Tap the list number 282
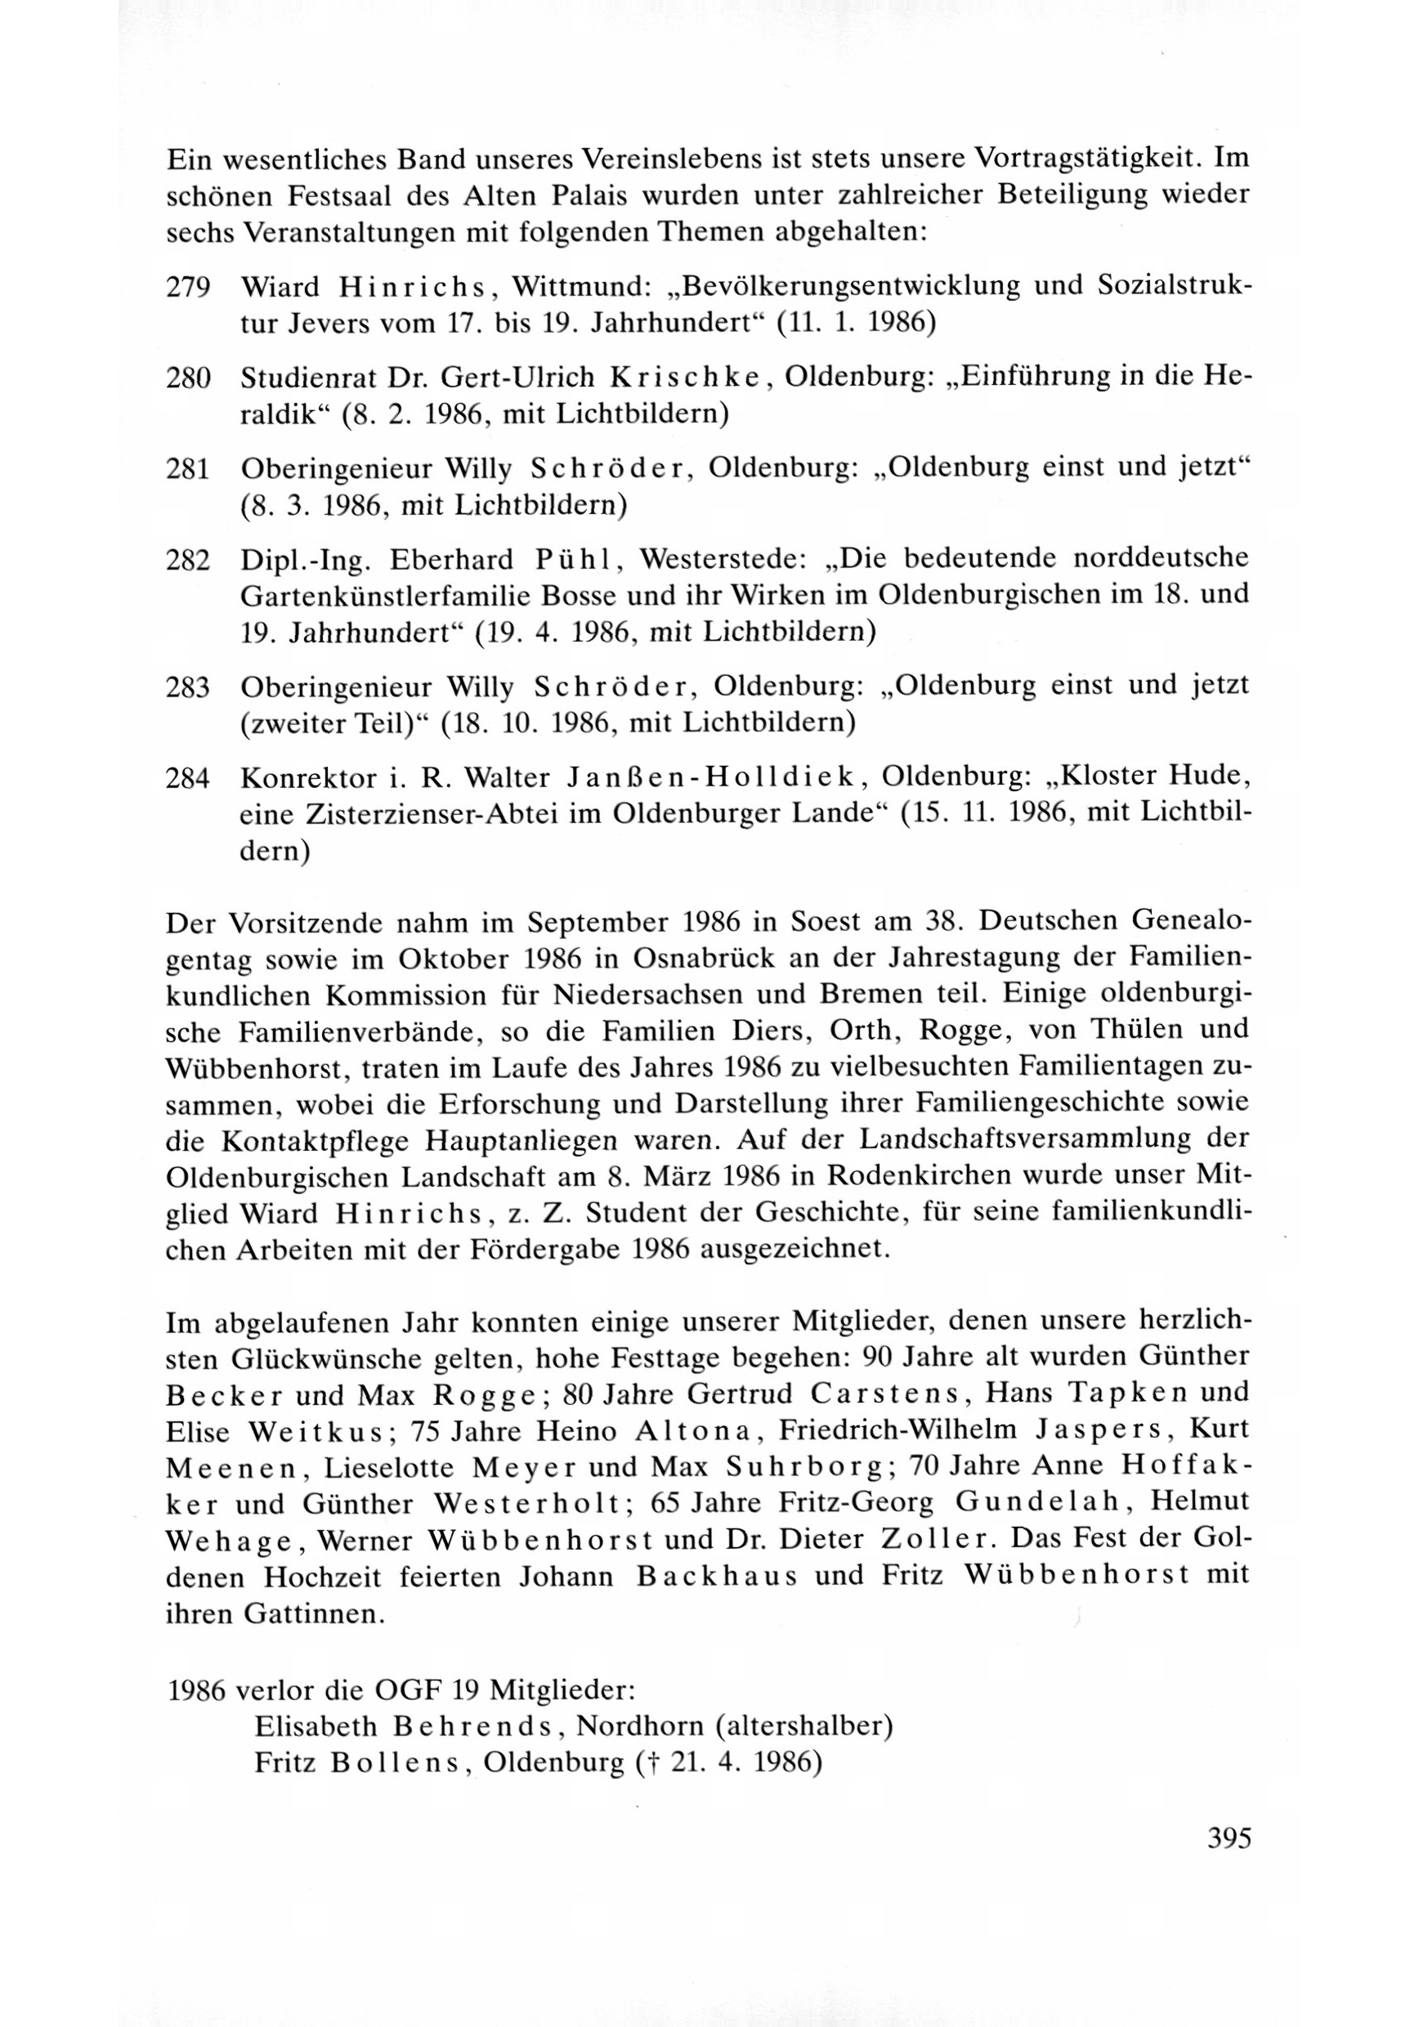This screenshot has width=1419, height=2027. pos(187,561)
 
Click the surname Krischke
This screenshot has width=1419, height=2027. pos(690,377)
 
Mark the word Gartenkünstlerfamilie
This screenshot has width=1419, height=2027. pos(424,596)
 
